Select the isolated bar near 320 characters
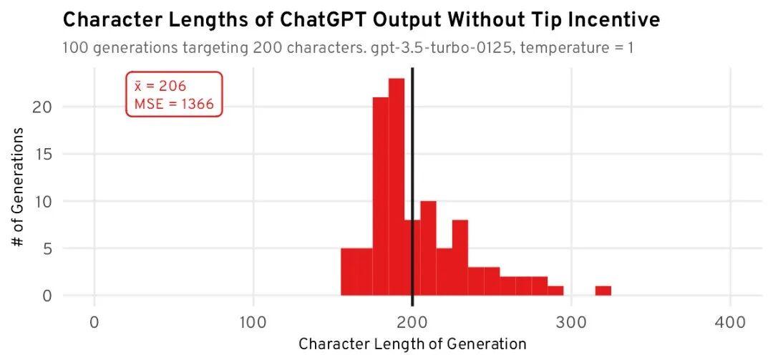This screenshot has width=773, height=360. [603, 291]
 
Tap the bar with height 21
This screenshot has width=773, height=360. [380, 197]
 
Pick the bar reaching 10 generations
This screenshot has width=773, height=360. [428, 248]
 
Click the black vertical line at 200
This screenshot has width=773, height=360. [412, 179]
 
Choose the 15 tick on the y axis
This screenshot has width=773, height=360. [46, 154]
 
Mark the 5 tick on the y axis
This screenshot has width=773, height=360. [49, 248]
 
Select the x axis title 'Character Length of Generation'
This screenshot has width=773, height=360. [412, 344]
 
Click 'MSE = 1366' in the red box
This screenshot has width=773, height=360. [174, 104]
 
